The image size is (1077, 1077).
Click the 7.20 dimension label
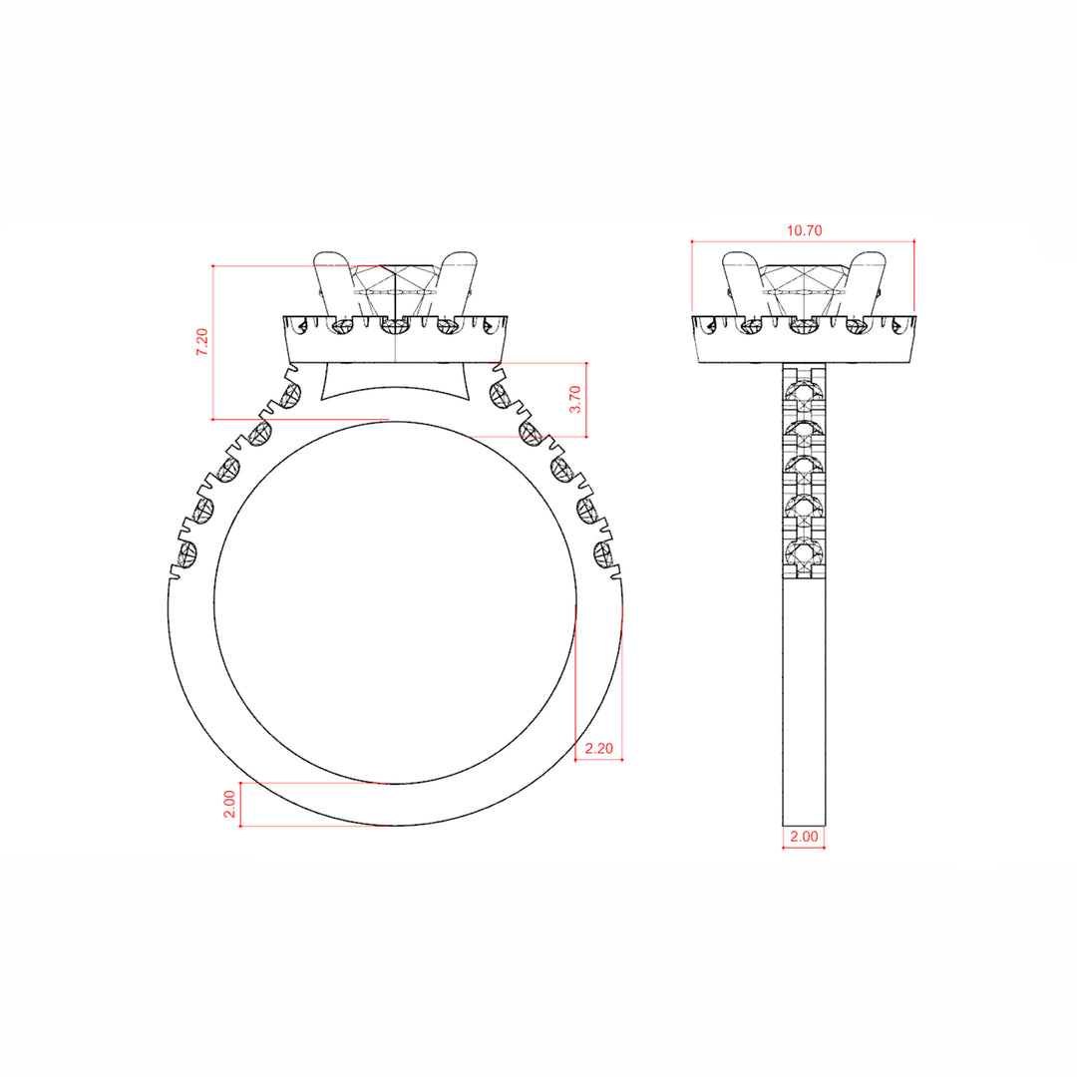pyautogui.click(x=201, y=341)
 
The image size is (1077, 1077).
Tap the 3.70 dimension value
pyautogui.click(x=575, y=399)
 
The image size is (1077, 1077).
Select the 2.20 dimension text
pyautogui.click(x=599, y=748)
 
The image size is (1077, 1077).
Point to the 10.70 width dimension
pyautogui.click(x=805, y=230)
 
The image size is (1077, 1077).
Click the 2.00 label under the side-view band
pyautogui.click(x=804, y=837)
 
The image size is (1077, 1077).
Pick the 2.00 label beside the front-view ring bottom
pyautogui.click(x=229, y=805)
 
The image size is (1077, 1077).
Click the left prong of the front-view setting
pyautogui.click(x=333, y=285)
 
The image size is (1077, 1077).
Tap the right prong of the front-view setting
pyautogui.click(x=457, y=285)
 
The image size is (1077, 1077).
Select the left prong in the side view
pyautogui.click(x=743, y=285)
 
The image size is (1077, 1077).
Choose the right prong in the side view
pyautogui.click(x=867, y=285)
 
